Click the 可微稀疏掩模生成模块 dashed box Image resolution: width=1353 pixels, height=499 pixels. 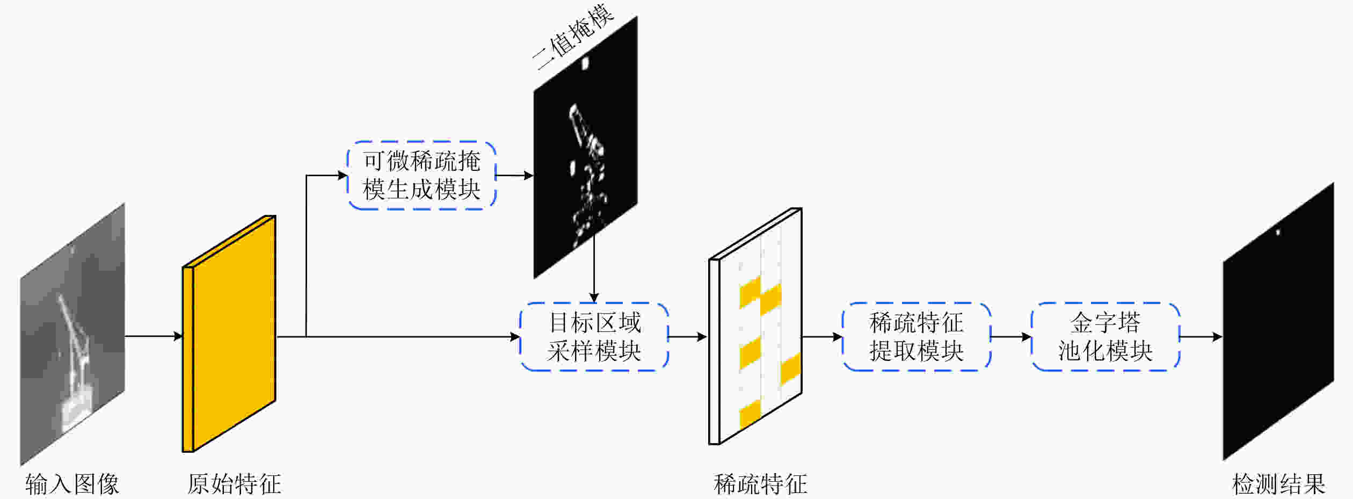(x=421, y=175)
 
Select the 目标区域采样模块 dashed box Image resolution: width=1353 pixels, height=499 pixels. (x=594, y=337)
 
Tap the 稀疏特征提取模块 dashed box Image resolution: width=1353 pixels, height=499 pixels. (x=916, y=337)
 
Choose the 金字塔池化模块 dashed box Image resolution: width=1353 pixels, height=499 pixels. (x=1105, y=337)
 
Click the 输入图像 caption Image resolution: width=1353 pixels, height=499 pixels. (x=72, y=484)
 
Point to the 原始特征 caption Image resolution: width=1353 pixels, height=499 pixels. (x=234, y=484)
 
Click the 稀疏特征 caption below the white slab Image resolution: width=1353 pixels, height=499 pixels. (x=760, y=484)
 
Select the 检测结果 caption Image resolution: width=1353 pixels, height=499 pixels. (x=1278, y=484)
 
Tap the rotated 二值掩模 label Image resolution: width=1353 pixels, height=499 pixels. (x=573, y=37)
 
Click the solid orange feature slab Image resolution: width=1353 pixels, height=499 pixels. (x=234, y=333)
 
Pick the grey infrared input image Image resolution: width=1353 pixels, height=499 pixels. (x=72, y=333)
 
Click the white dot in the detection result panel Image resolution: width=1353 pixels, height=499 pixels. (x=1278, y=233)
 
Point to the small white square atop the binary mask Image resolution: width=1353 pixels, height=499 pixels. (x=585, y=63)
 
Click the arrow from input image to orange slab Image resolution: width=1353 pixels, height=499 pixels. (x=154, y=337)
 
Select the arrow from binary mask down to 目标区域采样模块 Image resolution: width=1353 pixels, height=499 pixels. (x=594, y=269)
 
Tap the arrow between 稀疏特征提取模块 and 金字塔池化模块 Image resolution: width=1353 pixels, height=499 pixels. (x=1010, y=337)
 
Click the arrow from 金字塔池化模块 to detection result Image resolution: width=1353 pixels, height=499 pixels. (x=1201, y=337)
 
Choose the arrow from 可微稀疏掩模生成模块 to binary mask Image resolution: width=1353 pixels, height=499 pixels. (x=514, y=175)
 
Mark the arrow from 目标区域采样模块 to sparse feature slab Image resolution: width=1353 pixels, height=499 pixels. (x=688, y=337)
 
